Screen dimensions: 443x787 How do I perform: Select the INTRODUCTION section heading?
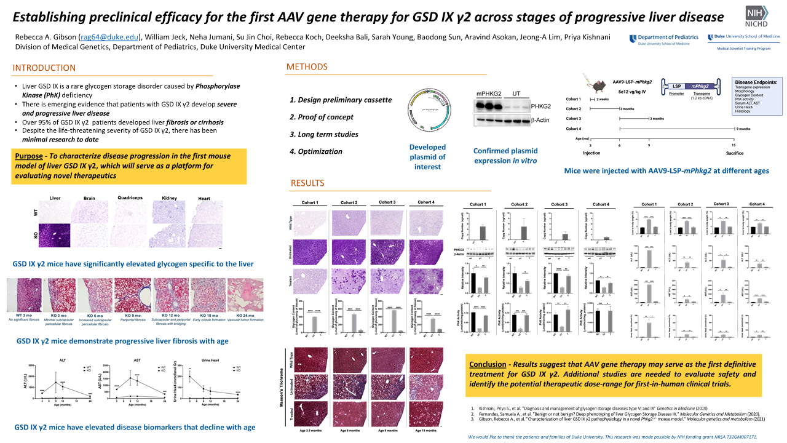tap(44, 68)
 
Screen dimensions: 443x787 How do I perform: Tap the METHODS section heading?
tap(307, 66)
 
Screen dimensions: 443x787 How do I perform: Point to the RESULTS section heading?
tap(307, 183)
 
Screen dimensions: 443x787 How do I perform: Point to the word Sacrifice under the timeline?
tap(735, 152)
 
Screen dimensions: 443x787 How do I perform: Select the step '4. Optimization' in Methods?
tap(316, 151)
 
